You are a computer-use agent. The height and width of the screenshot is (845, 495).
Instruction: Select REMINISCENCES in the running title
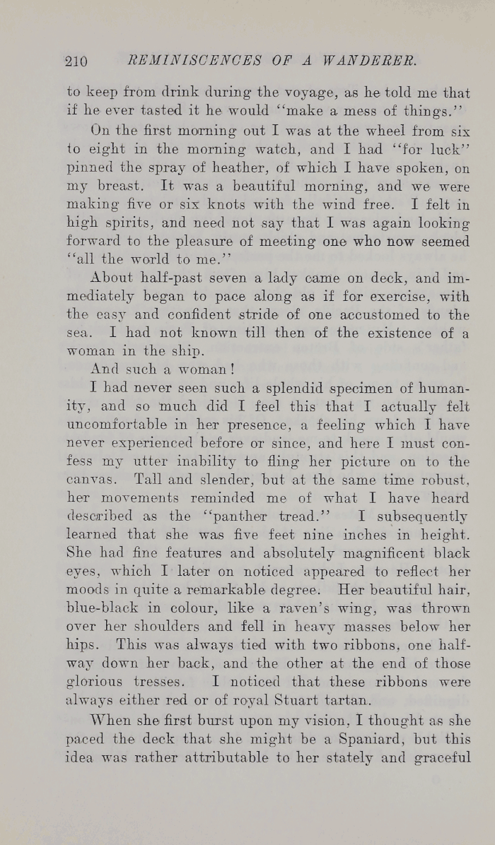click(186, 61)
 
